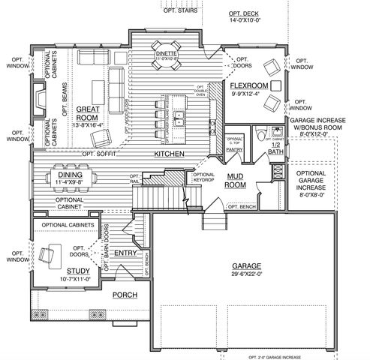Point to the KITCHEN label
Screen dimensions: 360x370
[170, 154]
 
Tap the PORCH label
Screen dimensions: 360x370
[125, 295]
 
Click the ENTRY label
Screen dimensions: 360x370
[125, 253]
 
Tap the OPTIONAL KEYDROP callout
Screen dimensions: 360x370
[203, 177]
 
